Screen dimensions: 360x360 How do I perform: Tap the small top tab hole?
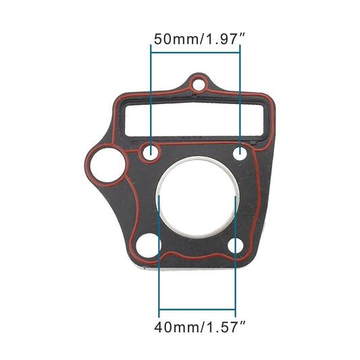click(197, 85)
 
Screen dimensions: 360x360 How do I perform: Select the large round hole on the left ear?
click(104, 163)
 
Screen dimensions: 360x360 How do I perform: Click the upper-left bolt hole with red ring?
click(151, 153)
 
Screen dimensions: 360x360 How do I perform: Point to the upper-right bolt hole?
click(241, 154)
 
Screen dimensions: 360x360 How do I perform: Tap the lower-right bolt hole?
click(235, 245)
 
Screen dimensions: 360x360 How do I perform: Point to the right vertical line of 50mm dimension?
click(241, 95)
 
